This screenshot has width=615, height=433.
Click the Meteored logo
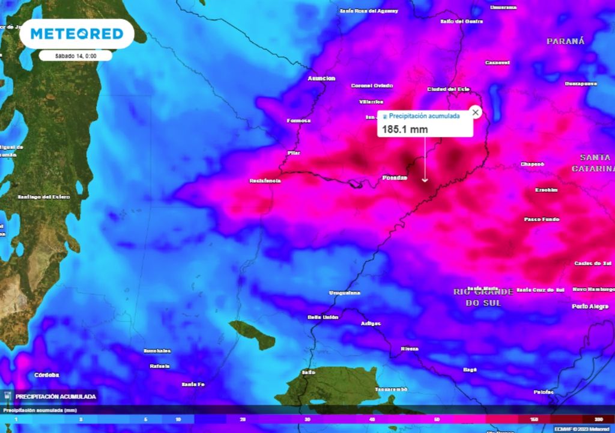77,34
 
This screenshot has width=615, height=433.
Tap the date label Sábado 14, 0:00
75,55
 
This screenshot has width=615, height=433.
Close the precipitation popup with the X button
475,112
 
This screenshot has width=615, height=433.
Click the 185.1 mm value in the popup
396,129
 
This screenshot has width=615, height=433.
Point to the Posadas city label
395,177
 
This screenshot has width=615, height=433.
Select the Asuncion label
321,78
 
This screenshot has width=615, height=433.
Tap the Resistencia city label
265,180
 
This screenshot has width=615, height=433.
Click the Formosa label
298,120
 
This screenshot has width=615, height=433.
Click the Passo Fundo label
542,220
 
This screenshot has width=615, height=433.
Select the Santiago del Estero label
43,197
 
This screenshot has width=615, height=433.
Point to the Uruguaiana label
345,292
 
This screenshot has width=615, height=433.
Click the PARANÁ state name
565,41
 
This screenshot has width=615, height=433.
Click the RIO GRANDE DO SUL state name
483,297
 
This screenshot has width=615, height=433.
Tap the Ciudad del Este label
448,89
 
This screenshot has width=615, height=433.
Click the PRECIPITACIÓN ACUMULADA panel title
55,396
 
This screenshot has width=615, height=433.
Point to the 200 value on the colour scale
599,419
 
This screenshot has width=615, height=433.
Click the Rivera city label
410,348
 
